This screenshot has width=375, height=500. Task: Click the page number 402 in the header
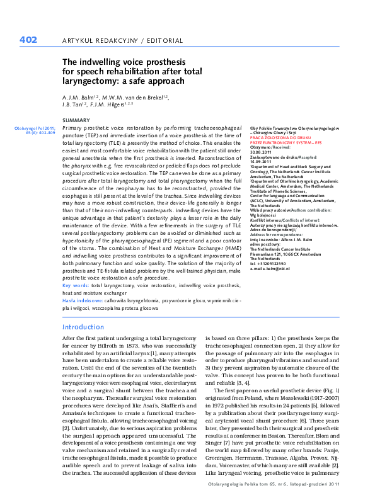(28, 40)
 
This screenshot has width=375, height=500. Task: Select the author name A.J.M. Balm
(78, 98)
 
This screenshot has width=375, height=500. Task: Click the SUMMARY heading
(76, 120)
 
